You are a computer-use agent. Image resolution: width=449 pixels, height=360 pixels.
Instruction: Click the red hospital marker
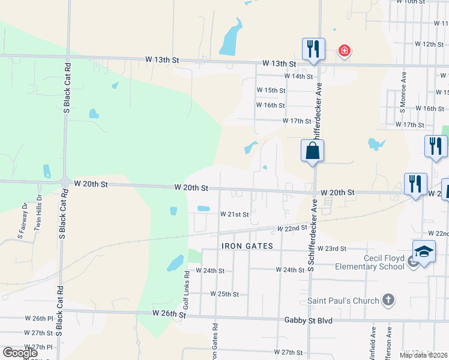tap(344, 50)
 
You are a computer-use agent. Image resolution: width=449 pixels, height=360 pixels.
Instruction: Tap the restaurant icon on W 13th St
tap(313, 49)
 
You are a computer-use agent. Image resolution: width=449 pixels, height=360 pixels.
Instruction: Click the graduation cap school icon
tap(423, 251)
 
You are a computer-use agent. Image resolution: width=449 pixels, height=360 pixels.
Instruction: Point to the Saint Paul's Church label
tap(343, 301)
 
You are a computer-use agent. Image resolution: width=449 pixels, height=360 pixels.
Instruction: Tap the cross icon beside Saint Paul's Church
tap(388, 300)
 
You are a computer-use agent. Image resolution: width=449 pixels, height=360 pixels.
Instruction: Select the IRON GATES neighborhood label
tap(247, 247)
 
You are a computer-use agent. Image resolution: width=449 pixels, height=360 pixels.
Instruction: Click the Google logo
tap(20, 353)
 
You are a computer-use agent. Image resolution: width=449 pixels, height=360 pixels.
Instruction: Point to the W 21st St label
tap(234, 214)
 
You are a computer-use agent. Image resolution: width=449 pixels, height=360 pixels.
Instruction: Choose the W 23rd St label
tap(333, 248)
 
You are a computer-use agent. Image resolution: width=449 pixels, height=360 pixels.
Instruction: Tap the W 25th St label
tap(224, 294)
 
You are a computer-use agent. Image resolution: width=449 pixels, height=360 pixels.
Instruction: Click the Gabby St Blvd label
tap(309, 321)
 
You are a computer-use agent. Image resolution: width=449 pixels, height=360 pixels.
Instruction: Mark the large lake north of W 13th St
tap(231, 38)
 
